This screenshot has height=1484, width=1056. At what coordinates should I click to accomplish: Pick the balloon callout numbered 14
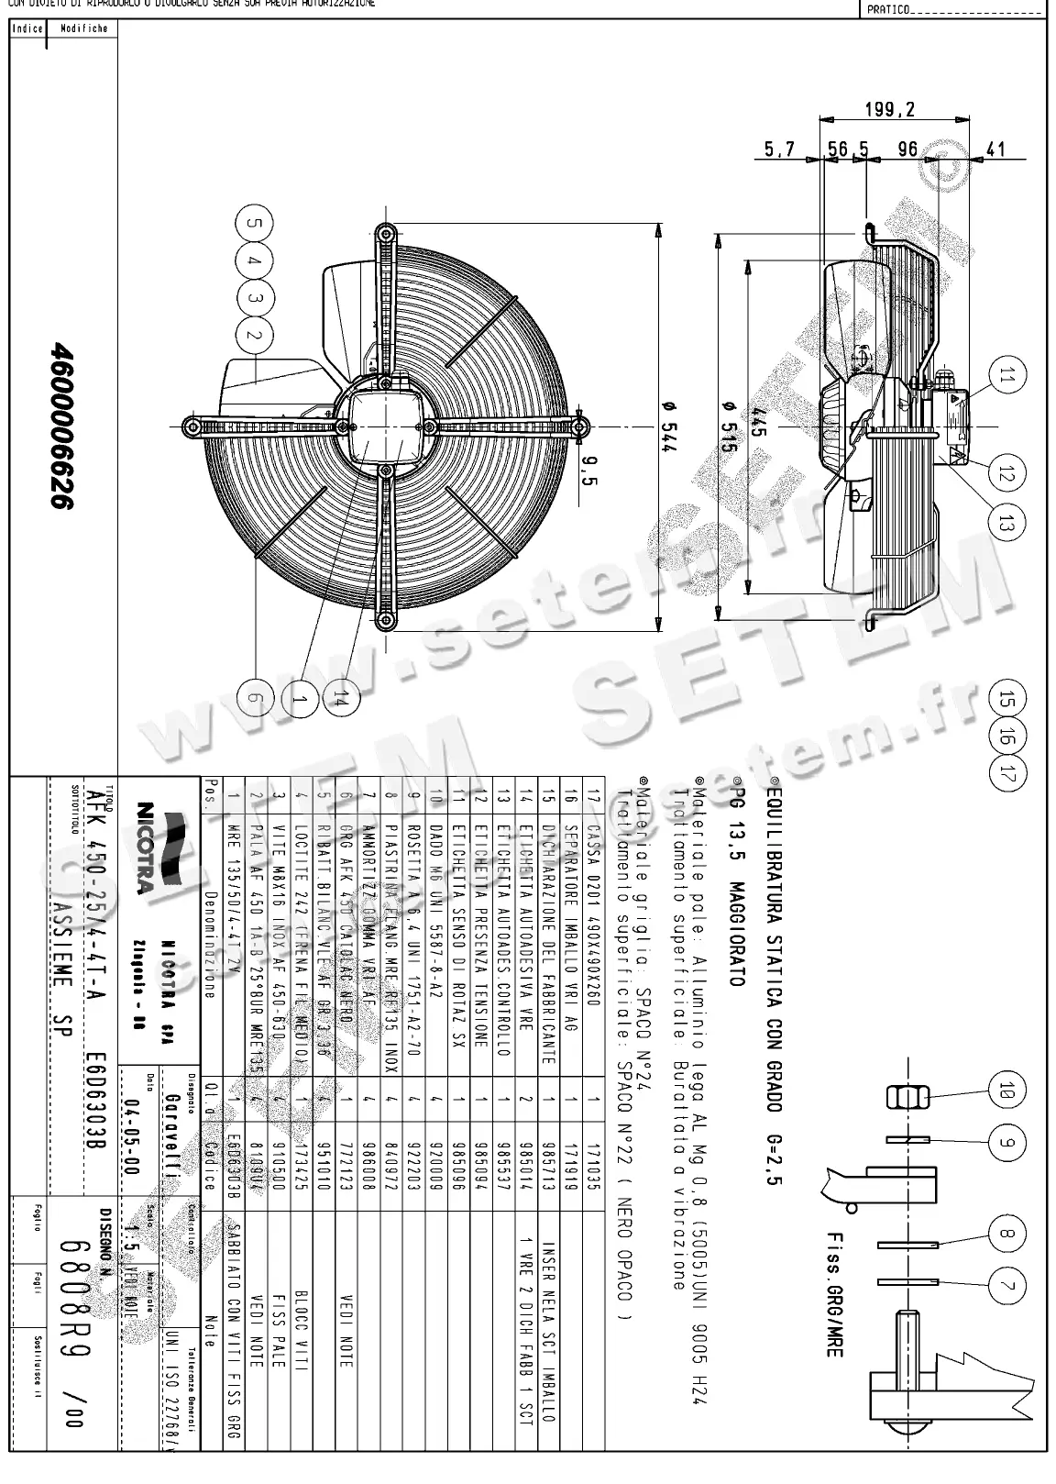click(339, 700)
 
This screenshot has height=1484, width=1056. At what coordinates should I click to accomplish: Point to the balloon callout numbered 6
click(256, 700)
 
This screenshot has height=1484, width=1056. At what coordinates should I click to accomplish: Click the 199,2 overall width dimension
click(890, 110)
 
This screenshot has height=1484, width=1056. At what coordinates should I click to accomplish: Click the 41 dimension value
click(995, 150)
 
